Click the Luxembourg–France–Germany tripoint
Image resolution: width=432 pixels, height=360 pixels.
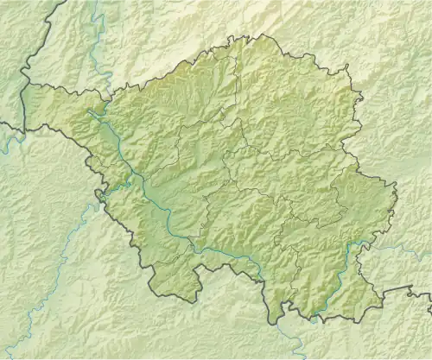pos(23,129)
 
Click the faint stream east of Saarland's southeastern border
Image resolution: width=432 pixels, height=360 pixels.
pos(406,250)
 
